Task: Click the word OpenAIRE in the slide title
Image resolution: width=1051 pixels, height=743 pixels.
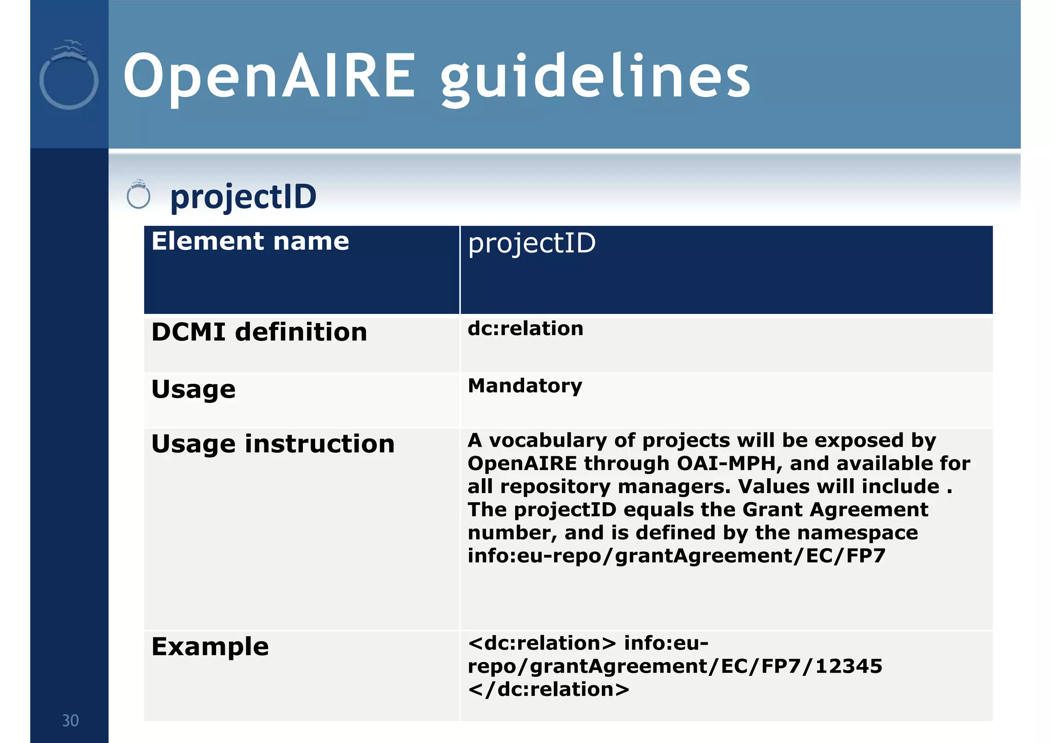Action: (269, 77)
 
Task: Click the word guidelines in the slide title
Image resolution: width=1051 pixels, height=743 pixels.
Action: (595, 78)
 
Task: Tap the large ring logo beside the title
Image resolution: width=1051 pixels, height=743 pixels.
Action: (69, 77)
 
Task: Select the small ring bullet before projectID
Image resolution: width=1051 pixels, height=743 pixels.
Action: (138, 195)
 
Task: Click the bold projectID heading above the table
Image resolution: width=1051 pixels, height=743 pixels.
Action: (243, 197)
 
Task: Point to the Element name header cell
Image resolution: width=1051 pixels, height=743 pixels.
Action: (250, 241)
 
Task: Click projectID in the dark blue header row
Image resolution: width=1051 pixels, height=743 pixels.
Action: (532, 243)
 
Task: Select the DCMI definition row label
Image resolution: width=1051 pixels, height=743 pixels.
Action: (259, 332)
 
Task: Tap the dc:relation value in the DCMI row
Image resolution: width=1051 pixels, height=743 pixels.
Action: (525, 328)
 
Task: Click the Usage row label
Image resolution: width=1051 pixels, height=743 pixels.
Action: (193, 389)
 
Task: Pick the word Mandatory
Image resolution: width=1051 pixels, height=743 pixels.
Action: (525, 385)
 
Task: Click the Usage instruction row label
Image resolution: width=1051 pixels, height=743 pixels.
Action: (273, 444)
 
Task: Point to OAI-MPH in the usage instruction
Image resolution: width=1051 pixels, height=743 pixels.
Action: (730, 463)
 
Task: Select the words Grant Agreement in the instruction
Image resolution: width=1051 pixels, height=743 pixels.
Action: (835, 510)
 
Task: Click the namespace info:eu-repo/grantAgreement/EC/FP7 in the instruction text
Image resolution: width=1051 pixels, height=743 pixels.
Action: (676, 556)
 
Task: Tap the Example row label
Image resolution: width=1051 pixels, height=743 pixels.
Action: (210, 647)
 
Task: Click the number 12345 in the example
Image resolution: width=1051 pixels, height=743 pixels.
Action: (849, 666)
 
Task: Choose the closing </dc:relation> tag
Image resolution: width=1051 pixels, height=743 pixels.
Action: (549, 689)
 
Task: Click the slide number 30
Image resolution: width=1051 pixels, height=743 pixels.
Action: (70, 720)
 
